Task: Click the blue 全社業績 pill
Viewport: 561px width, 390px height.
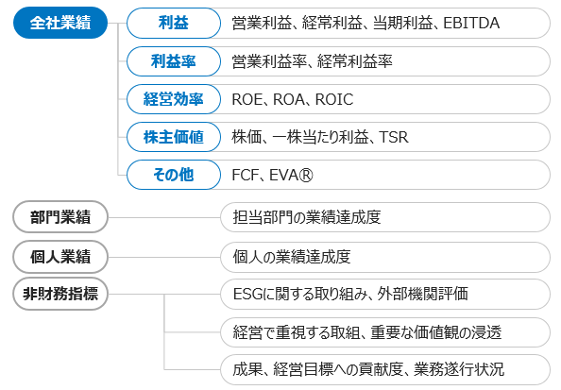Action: pyautogui.click(x=60, y=23)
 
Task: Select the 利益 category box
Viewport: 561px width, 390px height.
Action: pyautogui.click(x=174, y=23)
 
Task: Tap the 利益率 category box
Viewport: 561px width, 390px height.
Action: pyautogui.click(x=174, y=61)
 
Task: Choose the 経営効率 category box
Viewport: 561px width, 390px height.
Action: pyautogui.click(x=174, y=99)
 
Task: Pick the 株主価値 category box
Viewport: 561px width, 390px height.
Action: pyautogui.click(x=174, y=137)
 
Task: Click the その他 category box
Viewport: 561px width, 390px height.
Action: pyautogui.click(x=174, y=175)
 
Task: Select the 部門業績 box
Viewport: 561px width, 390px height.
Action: pyautogui.click(x=60, y=217)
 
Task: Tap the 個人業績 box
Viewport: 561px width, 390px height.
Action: pyautogui.click(x=60, y=257)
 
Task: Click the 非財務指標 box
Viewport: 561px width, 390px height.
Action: pyautogui.click(x=60, y=294)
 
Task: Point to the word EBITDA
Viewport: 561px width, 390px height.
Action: pyautogui.click(x=471, y=23)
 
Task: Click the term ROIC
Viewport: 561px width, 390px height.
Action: pyautogui.click(x=334, y=99)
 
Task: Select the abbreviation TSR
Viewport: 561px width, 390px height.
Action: pyautogui.click(x=394, y=137)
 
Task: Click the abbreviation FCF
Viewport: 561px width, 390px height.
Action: pyautogui.click(x=246, y=176)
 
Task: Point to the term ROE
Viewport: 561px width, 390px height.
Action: pyautogui.click(x=247, y=99)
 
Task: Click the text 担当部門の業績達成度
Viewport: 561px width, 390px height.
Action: pyautogui.click(x=307, y=217)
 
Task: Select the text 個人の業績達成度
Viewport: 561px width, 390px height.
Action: pyautogui.click(x=292, y=257)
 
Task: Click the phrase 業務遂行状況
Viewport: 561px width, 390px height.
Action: pyautogui.click(x=459, y=369)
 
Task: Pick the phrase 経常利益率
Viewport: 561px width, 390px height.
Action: pyautogui.click(x=355, y=61)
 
